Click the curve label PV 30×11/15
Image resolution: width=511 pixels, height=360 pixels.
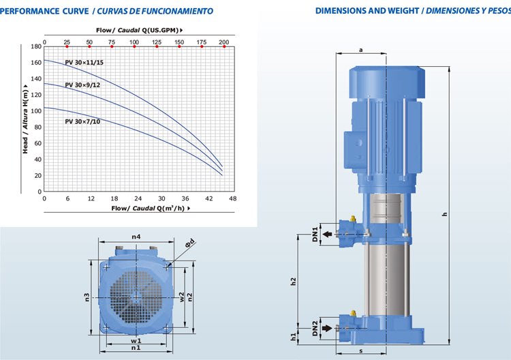(x=84, y=63)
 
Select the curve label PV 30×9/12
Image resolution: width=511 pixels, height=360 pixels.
(x=82, y=85)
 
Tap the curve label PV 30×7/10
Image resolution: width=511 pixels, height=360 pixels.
(x=82, y=121)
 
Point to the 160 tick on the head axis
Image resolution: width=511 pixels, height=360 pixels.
(x=36, y=62)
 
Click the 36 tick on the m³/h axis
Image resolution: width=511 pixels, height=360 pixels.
(x=185, y=198)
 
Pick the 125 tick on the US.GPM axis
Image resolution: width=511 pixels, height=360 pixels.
(x=157, y=42)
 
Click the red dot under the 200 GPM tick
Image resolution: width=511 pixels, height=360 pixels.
(x=224, y=46)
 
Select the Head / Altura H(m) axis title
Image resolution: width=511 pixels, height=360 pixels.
(x=25, y=119)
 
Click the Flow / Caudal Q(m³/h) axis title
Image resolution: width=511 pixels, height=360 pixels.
(x=151, y=208)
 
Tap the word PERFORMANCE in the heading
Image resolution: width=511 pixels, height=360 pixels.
(x=30, y=11)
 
